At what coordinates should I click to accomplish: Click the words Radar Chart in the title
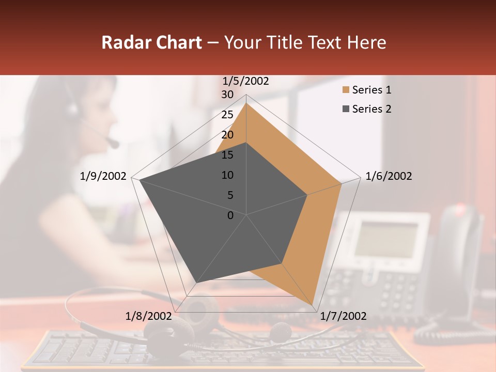[151, 42]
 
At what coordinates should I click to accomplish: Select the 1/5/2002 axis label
[246, 81]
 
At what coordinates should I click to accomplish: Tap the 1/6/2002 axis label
[389, 176]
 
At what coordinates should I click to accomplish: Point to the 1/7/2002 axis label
[343, 316]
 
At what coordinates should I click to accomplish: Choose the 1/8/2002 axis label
[148, 316]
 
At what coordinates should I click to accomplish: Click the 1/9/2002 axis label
[103, 176]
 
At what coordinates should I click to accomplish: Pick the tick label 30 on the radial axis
[227, 95]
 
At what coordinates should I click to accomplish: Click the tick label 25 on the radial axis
[227, 115]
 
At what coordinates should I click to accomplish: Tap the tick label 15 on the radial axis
[227, 155]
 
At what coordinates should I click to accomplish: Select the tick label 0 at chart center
[230, 215]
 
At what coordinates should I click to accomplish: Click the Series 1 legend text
[371, 90]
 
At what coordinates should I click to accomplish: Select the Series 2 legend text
[371, 109]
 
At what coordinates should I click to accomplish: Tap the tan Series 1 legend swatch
[345, 90]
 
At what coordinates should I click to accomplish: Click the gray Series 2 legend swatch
[345, 109]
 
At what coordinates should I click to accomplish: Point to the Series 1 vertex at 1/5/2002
[246, 103]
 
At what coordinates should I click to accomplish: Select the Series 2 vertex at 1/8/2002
[197, 283]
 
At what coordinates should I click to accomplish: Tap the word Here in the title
[367, 42]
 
